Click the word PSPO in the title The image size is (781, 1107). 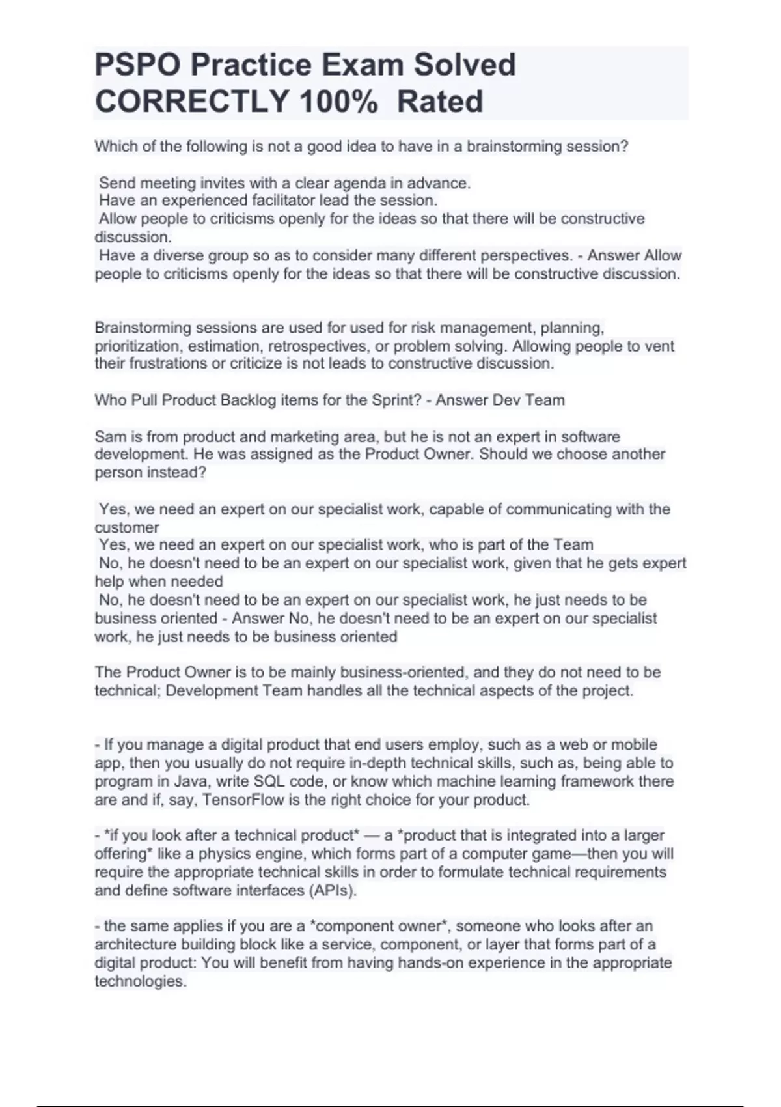[x=138, y=65]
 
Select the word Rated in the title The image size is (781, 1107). [x=440, y=102]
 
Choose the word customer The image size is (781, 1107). [x=126, y=527]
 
